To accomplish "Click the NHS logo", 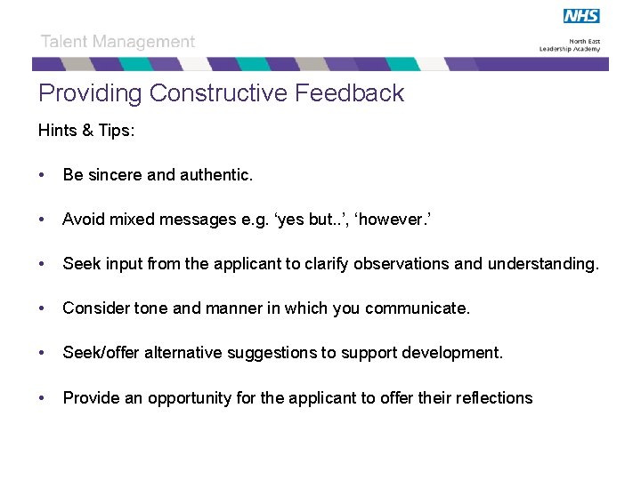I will point(581,16).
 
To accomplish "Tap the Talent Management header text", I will point(118,42).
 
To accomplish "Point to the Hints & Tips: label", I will point(86,131).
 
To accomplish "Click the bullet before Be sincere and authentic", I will point(43,175).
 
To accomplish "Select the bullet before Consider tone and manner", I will point(43,308).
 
